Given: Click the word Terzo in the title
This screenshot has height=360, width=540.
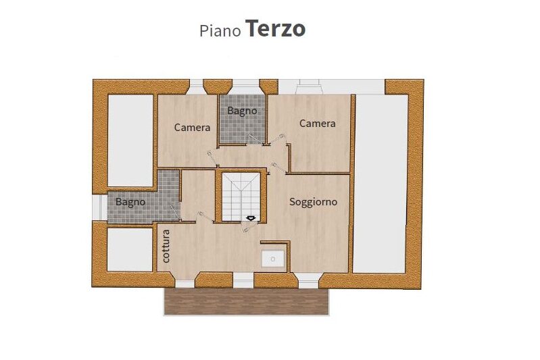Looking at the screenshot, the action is click(x=276, y=28).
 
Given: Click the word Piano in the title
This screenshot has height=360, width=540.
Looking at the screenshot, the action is click(x=220, y=30).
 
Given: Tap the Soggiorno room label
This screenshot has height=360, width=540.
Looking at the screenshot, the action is click(x=313, y=202).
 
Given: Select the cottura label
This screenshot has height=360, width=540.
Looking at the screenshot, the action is click(x=166, y=246).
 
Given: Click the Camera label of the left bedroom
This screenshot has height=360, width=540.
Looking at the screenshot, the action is click(x=192, y=128).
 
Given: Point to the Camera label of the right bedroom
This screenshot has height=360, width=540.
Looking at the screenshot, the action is click(x=317, y=123).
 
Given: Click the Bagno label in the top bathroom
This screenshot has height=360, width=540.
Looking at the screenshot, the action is click(x=242, y=111).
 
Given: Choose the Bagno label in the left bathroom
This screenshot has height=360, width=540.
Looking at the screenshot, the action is click(x=130, y=202).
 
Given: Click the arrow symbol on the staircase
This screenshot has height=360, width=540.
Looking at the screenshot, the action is click(x=251, y=218).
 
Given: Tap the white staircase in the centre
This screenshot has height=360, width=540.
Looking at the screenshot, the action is click(x=241, y=197).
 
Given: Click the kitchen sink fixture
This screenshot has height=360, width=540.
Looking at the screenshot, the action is click(x=273, y=259).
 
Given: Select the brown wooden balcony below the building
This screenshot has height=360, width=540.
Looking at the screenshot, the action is click(x=246, y=301).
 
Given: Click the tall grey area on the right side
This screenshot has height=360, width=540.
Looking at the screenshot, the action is click(x=381, y=184).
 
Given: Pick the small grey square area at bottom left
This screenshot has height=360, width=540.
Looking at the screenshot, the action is click(x=130, y=249).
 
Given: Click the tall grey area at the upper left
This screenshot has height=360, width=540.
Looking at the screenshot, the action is click(x=130, y=140).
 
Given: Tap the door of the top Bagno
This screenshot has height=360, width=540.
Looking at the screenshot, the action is click(x=255, y=139).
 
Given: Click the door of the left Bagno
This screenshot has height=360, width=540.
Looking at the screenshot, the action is click(x=176, y=212).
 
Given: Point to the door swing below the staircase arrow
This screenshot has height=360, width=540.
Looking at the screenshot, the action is click(x=250, y=226).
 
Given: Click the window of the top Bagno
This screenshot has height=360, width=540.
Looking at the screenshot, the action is click(x=245, y=86).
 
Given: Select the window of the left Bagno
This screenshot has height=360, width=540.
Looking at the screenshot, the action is click(x=100, y=208).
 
